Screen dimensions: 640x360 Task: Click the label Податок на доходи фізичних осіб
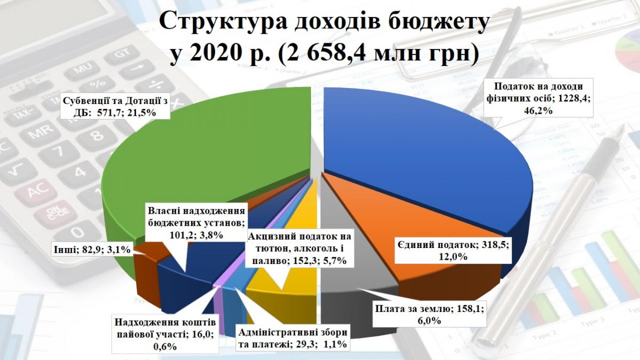coord(538,98)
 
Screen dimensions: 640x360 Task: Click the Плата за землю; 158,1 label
coord(429,314)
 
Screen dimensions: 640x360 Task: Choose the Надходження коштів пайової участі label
coord(165,334)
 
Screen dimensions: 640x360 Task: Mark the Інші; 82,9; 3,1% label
coord(92,250)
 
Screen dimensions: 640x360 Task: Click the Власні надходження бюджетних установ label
coord(196,223)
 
